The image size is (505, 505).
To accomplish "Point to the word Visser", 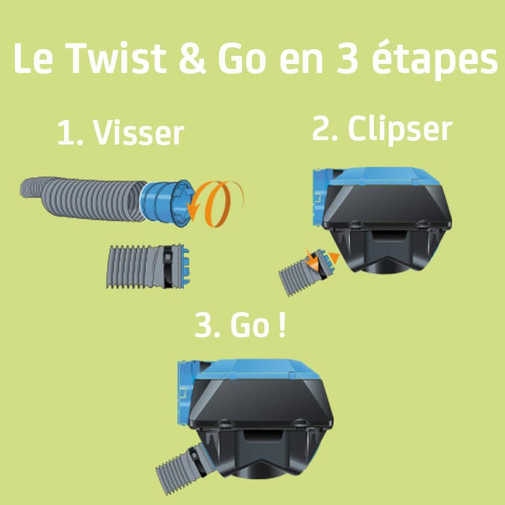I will point(139,134).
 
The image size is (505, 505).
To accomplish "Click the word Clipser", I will point(400,130).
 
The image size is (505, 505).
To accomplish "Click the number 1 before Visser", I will point(66,134).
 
